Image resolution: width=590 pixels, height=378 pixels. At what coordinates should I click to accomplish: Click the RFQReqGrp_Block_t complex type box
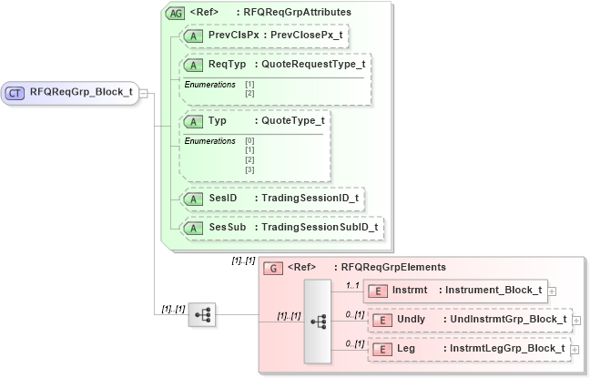pos(71,92)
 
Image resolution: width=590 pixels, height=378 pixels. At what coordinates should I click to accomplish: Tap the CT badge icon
pos(15,92)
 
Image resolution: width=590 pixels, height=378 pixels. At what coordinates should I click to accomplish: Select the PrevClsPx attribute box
pos(264,35)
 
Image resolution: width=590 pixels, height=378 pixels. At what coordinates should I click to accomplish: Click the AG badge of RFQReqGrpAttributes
pos(173,13)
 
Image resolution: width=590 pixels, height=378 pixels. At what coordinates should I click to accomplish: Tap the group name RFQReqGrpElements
pos(391,267)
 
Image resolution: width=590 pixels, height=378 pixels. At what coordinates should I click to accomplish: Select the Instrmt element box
pos(455,291)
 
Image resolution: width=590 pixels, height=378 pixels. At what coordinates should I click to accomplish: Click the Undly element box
pos(468,320)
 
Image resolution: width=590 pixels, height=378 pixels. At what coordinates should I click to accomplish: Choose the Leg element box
pos(468,349)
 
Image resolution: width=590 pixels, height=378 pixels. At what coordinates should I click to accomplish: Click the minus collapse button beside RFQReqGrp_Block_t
pos(144,92)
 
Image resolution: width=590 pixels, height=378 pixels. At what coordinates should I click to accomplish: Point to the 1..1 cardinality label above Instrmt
pos(352,284)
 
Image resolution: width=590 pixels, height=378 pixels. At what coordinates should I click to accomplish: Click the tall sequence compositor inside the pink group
pos(318,322)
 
